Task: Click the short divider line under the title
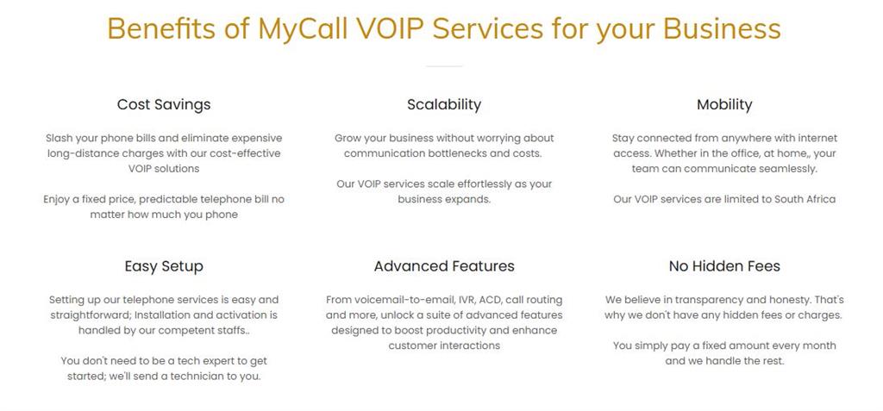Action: click(444, 66)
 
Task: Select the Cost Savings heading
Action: click(164, 105)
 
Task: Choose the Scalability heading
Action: click(444, 105)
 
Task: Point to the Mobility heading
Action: click(724, 105)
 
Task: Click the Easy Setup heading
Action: click(164, 266)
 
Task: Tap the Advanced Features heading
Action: click(444, 266)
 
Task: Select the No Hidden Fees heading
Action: click(724, 266)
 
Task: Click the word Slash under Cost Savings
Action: click(58, 138)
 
